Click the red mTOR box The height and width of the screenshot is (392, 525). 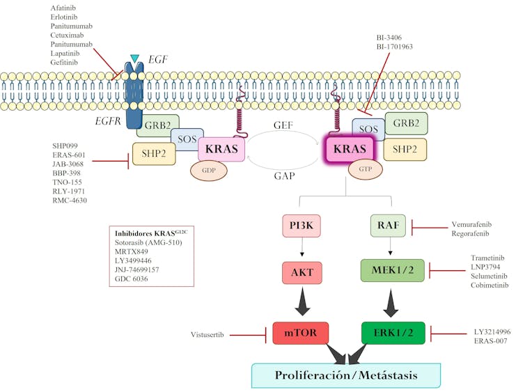(x=300, y=333)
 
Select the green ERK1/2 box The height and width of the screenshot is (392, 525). (x=391, y=333)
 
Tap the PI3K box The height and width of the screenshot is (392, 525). (x=300, y=226)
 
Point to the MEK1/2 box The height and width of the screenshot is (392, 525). (x=391, y=270)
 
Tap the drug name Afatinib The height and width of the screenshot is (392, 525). (x=64, y=8)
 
